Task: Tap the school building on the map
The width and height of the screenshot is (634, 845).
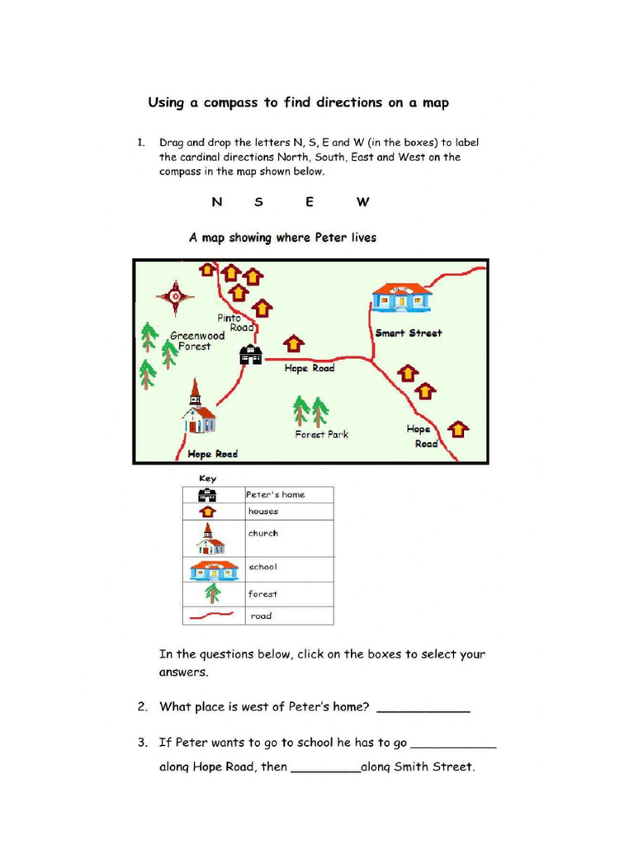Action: pos(401,297)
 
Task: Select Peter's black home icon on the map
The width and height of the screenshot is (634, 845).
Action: pos(250,355)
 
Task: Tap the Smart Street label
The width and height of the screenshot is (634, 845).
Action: pos(409,333)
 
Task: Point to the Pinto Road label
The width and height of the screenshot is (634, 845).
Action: pos(234,323)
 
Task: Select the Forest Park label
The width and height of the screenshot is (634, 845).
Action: pos(322,434)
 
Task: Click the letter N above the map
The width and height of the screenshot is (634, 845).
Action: pos(217,202)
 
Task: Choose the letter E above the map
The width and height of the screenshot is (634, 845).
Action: pos(310,202)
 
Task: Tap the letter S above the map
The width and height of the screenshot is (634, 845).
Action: pos(258,202)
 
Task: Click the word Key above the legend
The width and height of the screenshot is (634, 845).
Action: pos(207,479)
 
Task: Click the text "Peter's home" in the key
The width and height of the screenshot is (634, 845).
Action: pos(276,494)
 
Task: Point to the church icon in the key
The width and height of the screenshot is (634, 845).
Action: pos(210,539)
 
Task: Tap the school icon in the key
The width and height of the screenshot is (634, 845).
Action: pos(214,569)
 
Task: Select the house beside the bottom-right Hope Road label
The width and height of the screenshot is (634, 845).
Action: pos(458,429)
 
